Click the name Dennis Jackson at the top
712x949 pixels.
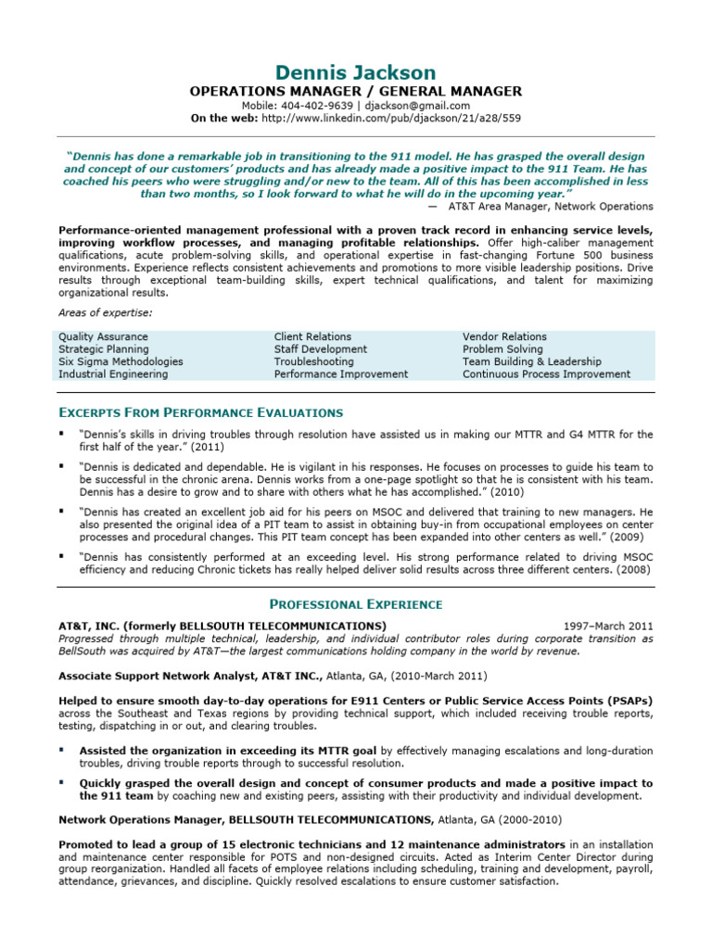tap(355, 72)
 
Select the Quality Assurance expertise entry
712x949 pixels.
tap(103, 336)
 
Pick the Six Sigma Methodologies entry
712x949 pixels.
tap(121, 361)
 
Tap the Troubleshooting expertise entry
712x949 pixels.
tap(313, 361)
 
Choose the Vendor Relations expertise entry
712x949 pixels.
tap(504, 336)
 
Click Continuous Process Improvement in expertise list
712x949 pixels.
tap(546, 374)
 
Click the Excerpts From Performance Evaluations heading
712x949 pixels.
tap(200, 412)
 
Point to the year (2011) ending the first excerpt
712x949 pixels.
tap(208, 447)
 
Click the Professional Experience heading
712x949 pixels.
tap(356, 604)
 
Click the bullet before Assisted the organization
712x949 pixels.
tap(62, 750)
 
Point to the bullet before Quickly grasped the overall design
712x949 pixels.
tap(62, 782)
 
